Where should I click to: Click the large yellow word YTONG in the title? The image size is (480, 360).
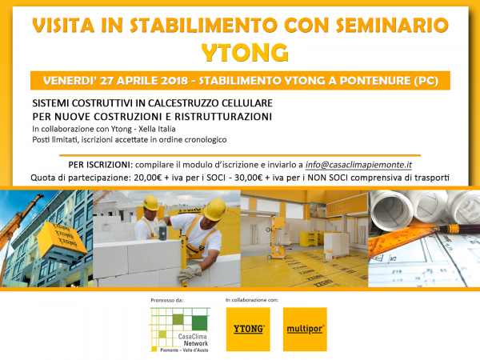pyautogui.click(x=245, y=53)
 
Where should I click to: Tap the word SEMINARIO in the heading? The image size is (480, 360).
pyautogui.click(x=392, y=25)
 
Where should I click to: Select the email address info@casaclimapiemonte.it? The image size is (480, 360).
pyautogui.click(x=358, y=165)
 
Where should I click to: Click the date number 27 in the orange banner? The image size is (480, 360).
pyautogui.click(x=106, y=81)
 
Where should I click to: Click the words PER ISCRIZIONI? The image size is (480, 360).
pyautogui.click(x=101, y=165)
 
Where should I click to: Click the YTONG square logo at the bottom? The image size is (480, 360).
pyautogui.click(x=248, y=329)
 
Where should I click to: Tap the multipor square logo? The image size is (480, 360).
pyautogui.click(x=306, y=329)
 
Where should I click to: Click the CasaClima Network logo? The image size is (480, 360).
pyautogui.click(x=180, y=330)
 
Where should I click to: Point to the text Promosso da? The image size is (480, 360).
pyautogui.click(x=167, y=300)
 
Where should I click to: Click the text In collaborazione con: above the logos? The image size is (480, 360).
pyautogui.click(x=252, y=300)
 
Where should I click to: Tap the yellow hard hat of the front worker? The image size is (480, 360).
pyautogui.click(x=215, y=209)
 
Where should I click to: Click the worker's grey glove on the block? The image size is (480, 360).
pyautogui.click(x=190, y=273)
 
